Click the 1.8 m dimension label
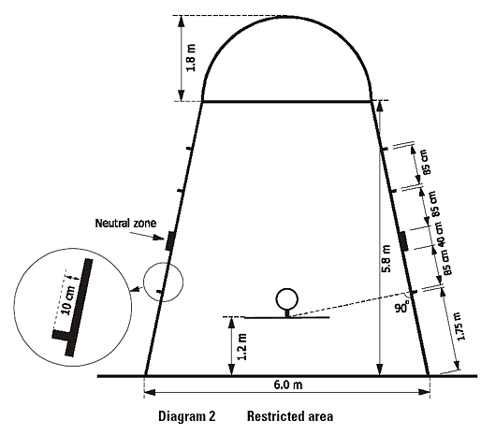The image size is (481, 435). click(191, 58)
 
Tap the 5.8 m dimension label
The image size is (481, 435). click(386, 259)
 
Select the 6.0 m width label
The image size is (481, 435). click(288, 384)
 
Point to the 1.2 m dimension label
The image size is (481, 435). click(242, 346)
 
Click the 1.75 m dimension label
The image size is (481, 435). click(460, 326)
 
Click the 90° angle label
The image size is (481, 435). click(401, 308)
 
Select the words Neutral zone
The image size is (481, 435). click(125, 224)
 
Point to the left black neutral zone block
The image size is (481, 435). click(169, 240)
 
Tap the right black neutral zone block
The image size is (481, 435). click(403, 241)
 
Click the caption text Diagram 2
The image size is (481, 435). click(187, 416)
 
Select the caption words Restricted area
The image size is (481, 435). click(290, 416)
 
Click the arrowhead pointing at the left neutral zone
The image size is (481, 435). click(161, 239)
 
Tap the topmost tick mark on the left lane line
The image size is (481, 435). click(188, 149)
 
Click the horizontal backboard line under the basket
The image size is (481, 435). click(286, 317)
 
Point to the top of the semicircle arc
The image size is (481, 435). click(286, 17)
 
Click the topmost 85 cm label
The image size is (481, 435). click(427, 162)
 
